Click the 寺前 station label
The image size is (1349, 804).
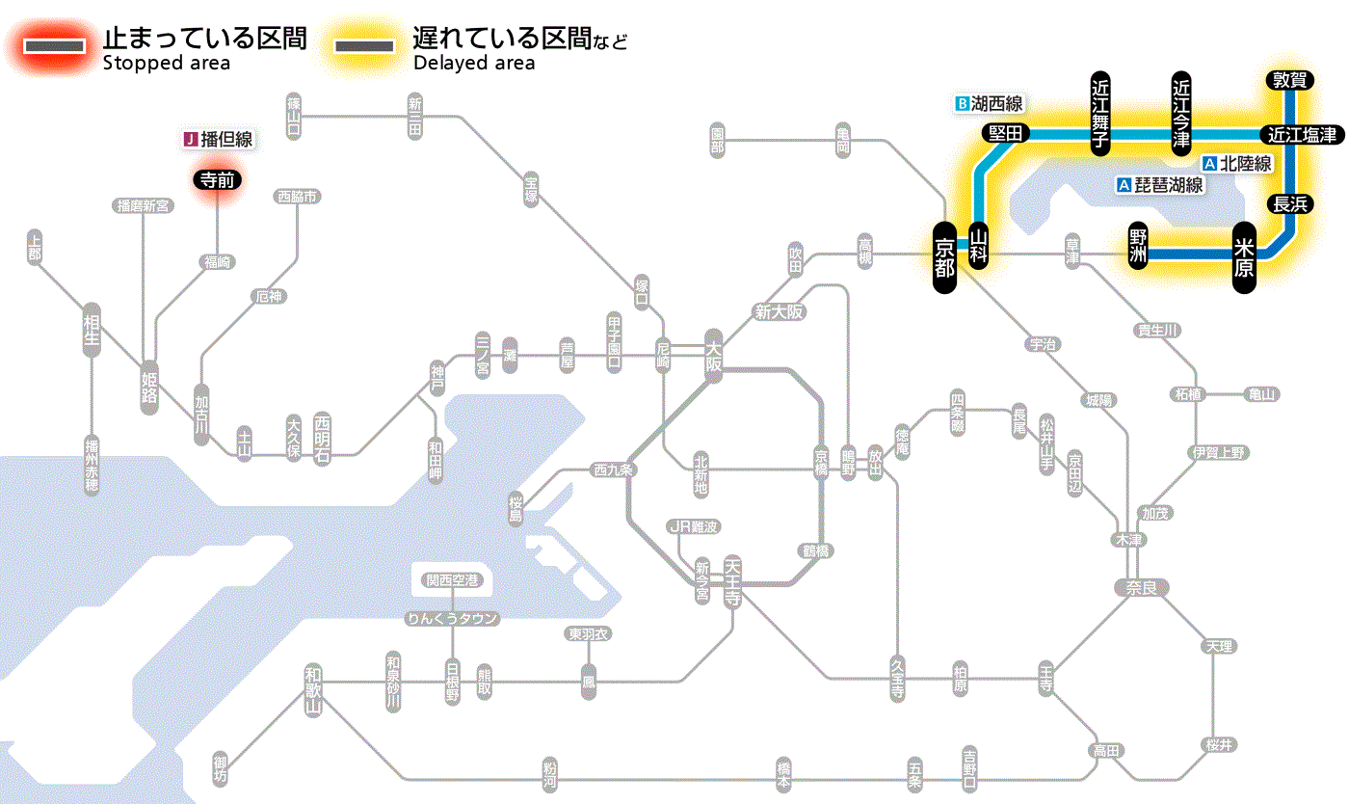[x=217, y=178]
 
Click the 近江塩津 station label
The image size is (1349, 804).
[x=1302, y=134]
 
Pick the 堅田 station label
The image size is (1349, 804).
[x=1005, y=133]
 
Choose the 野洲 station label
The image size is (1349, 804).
[x=1139, y=246]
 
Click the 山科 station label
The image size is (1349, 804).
[x=979, y=246]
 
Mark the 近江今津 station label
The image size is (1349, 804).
[x=1181, y=112]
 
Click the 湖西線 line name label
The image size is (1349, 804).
[x=989, y=103]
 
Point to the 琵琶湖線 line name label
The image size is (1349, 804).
[x=1160, y=185]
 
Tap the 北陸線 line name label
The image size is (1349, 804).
[x=1237, y=164]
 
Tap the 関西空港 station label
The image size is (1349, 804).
[x=452, y=580]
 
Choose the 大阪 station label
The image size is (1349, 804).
[x=714, y=355]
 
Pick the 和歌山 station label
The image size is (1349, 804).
[x=312, y=690]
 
